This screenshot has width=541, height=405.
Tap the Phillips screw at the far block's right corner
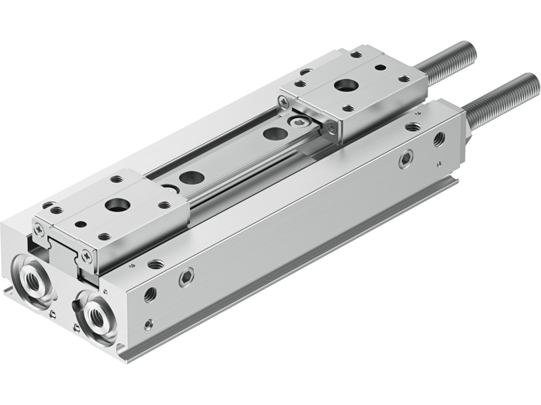(x=331, y=127)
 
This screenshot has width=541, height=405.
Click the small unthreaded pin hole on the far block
(x=380, y=67)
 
